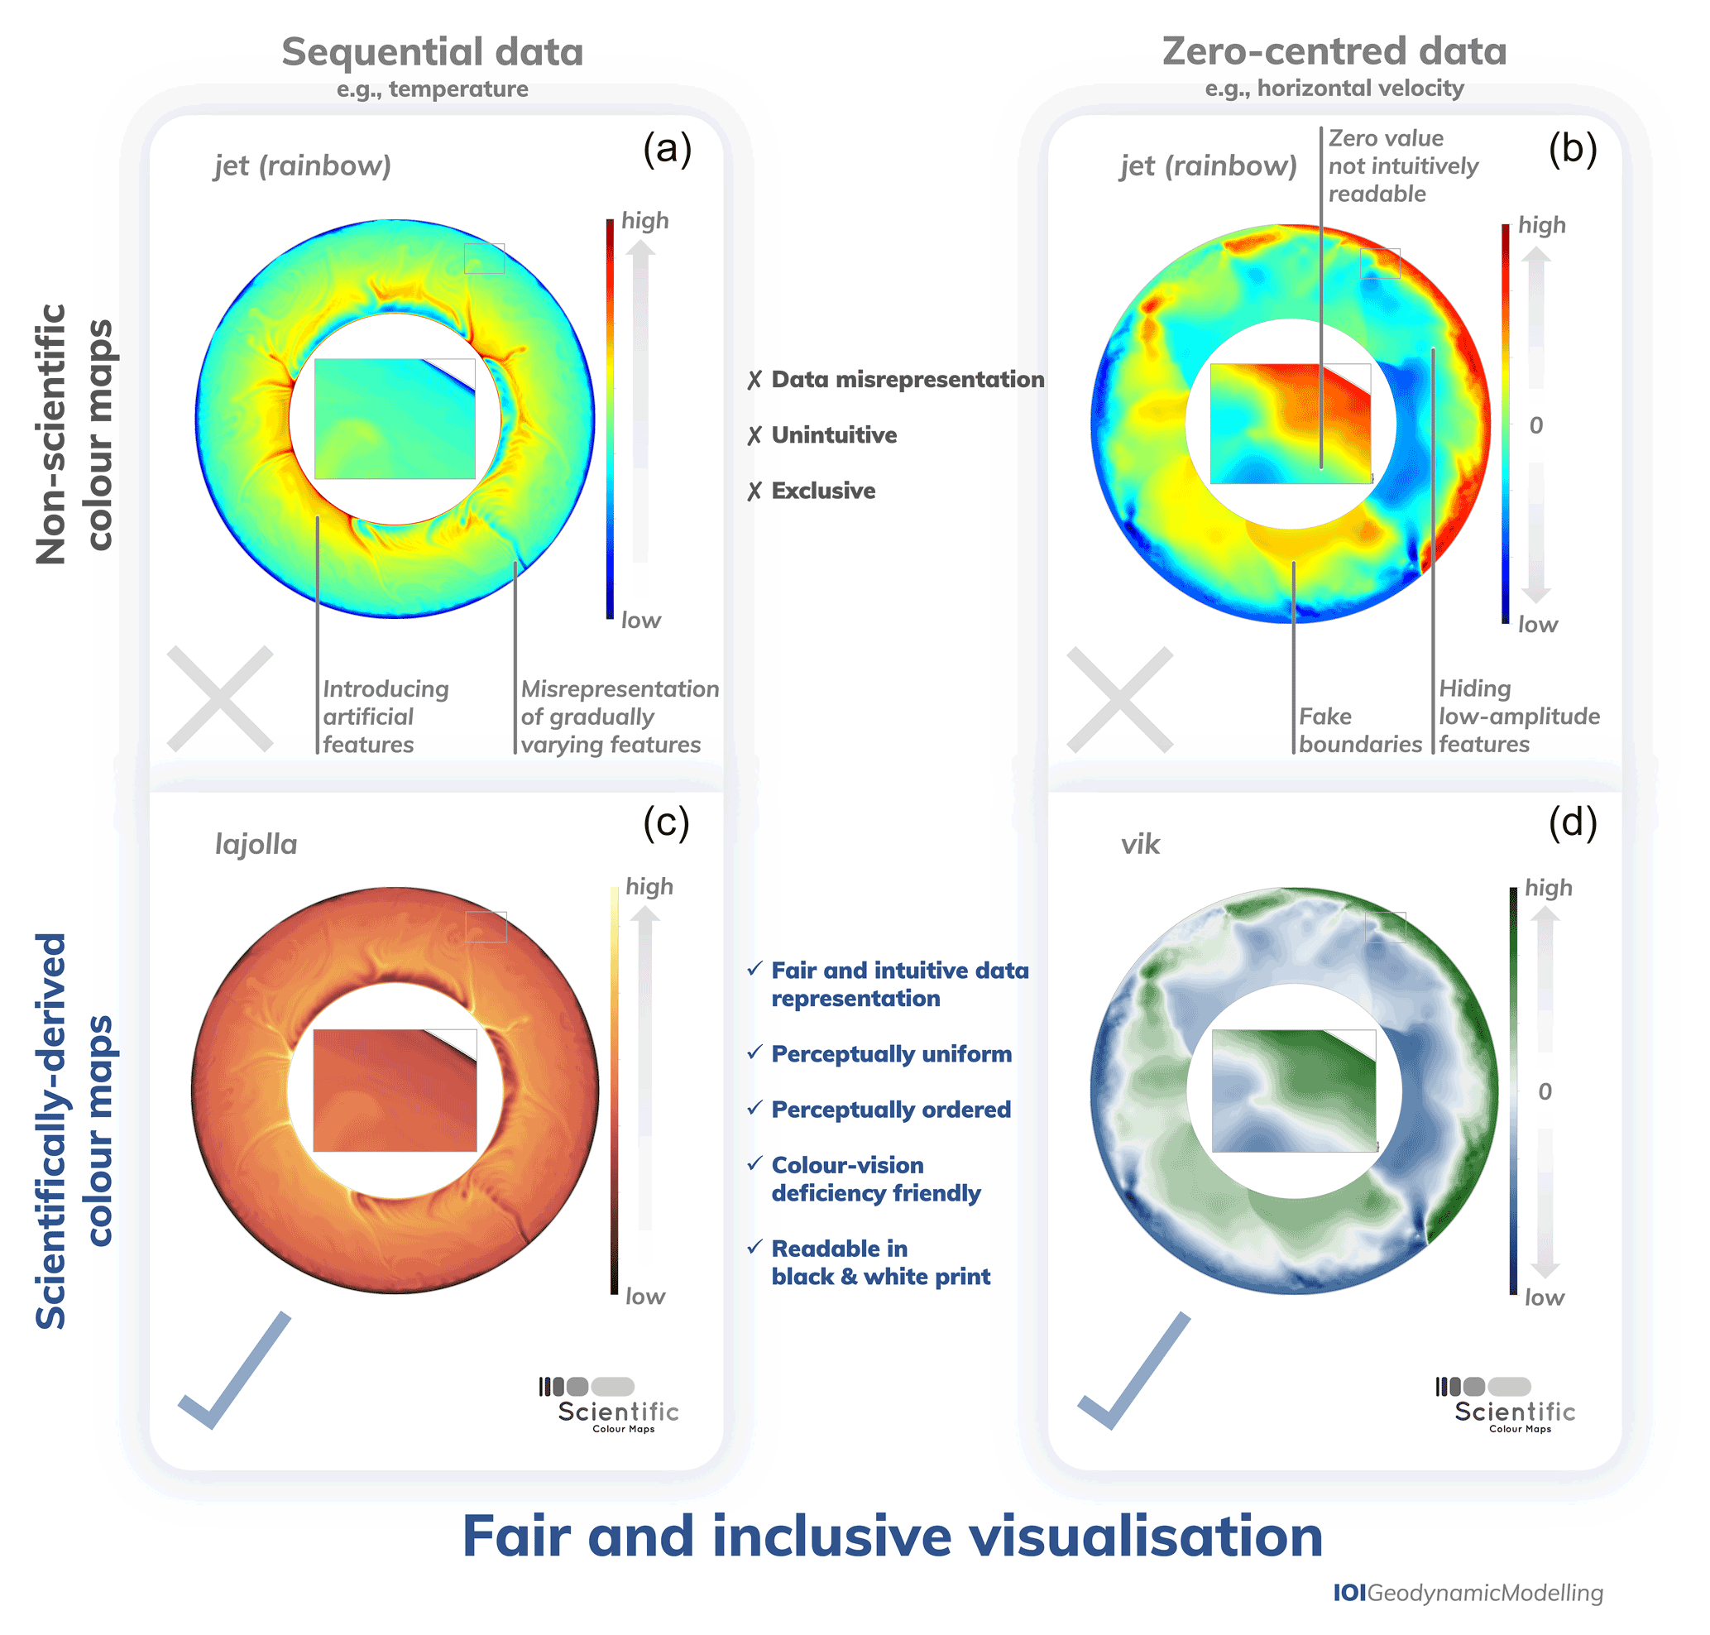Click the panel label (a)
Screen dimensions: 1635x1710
[667, 149]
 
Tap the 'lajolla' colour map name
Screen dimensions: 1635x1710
[256, 845]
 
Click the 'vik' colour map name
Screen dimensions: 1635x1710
[1139, 845]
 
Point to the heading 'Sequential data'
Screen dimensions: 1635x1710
[433, 52]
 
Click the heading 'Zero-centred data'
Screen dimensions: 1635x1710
[1334, 51]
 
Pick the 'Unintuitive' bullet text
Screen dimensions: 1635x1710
[833, 435]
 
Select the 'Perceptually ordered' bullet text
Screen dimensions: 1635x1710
[890, 1110]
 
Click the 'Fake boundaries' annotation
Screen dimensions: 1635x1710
[1358, 731]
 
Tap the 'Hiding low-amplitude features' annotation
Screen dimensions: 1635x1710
[1518, 717]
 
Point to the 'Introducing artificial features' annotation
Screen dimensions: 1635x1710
[386, 717]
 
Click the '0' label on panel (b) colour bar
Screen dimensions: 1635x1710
[1535, 425]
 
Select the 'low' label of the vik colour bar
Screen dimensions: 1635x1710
[1544, 1297]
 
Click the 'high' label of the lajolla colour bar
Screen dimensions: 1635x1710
[649, 886]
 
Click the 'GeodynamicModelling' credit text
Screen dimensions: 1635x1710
[1483, 1593]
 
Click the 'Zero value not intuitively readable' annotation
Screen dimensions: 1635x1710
[1402, 165]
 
